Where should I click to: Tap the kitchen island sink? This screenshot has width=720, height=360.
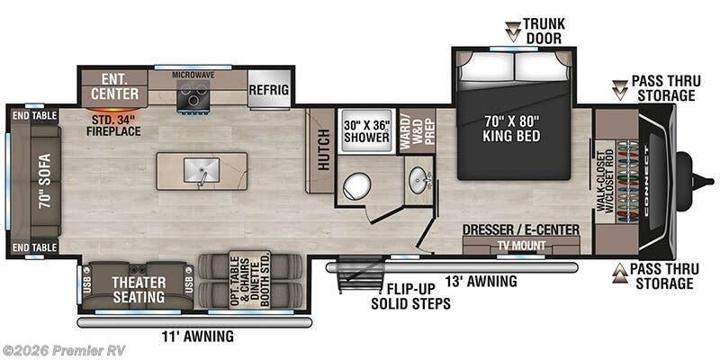[x=201, y=169]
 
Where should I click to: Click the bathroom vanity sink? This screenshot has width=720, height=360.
[x=417, y=179]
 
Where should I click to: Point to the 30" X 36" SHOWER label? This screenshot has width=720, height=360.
[x=365, y=131]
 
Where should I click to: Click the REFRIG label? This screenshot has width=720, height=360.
[x=270, y=89]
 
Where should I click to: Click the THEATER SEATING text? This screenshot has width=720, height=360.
[x=138, y=289]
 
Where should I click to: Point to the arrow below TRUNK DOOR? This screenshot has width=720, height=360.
[x=511, y=33]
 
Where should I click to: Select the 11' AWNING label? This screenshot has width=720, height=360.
[x=198, y=337]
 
